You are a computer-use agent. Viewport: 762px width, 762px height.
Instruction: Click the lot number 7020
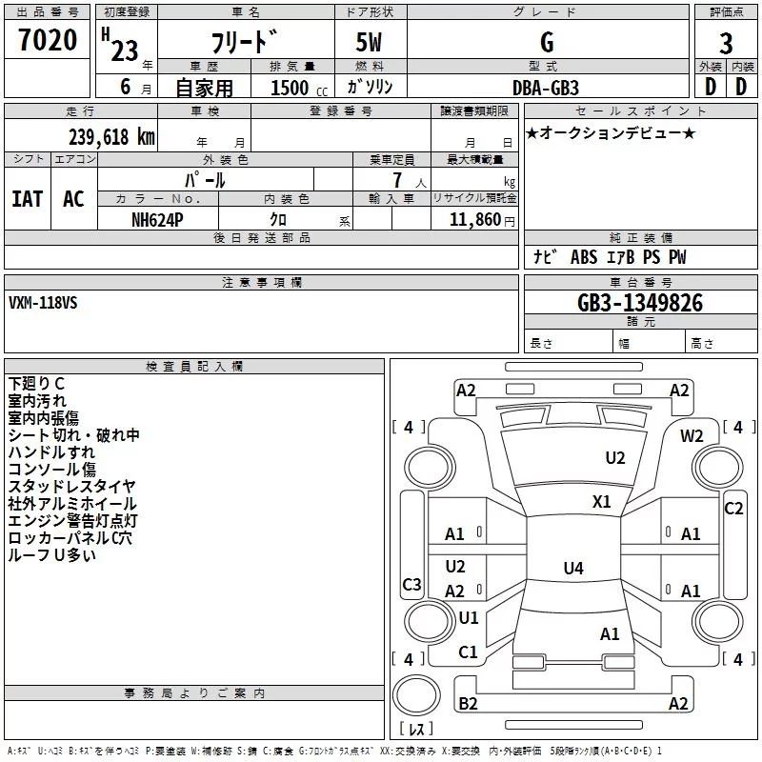pyautogui.click(x=48, y=41)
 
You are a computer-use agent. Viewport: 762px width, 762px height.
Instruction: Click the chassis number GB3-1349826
pyautogui.click(x=640, y=303)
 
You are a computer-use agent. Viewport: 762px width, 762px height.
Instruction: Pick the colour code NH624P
pyautogui.click(x=157, y=219)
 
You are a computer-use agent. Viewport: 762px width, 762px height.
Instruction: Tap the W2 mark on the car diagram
pyautogui.click(x=692, y=435)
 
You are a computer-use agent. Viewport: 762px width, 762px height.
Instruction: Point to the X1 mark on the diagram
pyautogui.click(x=602, y=501)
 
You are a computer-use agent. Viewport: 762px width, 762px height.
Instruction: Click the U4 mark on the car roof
pyautogui.click(x=572, y=569)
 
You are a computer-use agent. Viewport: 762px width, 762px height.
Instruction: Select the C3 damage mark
pyautogui.click(x=411, y=584)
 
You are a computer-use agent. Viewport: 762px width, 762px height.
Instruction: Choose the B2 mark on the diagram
pyautogui.click(x=468, y=703)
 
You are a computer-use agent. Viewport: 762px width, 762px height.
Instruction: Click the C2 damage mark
pyautogui.click(x=733, y=508)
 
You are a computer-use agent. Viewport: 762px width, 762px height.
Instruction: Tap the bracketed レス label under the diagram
pyautogui.click(x=416, y=730)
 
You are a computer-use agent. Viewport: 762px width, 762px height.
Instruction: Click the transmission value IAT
pyautogui.click(x=27, y=199)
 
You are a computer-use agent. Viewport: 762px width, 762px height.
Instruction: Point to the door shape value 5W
pyautogui.click(x=371, y=43)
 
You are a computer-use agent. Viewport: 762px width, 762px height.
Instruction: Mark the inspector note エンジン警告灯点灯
pyautogui.click(x=72, y=521)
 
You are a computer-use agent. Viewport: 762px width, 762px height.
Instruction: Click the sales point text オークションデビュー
pyautogui.click(x=611, y=132)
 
